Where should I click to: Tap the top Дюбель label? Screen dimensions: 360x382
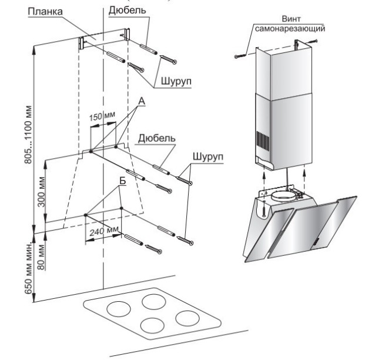coord(125,11)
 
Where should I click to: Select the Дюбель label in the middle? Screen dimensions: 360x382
coord(156,139)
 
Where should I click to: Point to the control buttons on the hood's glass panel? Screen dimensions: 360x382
coord(315,238)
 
